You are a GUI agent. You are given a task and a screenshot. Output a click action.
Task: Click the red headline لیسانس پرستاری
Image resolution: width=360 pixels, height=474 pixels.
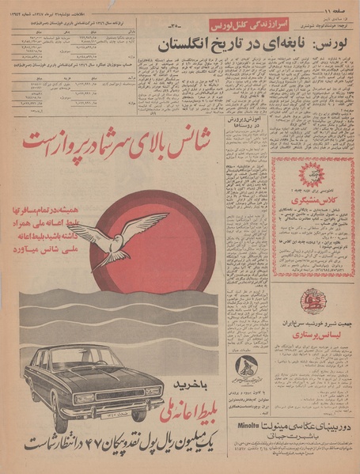click(x=310, y=336)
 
